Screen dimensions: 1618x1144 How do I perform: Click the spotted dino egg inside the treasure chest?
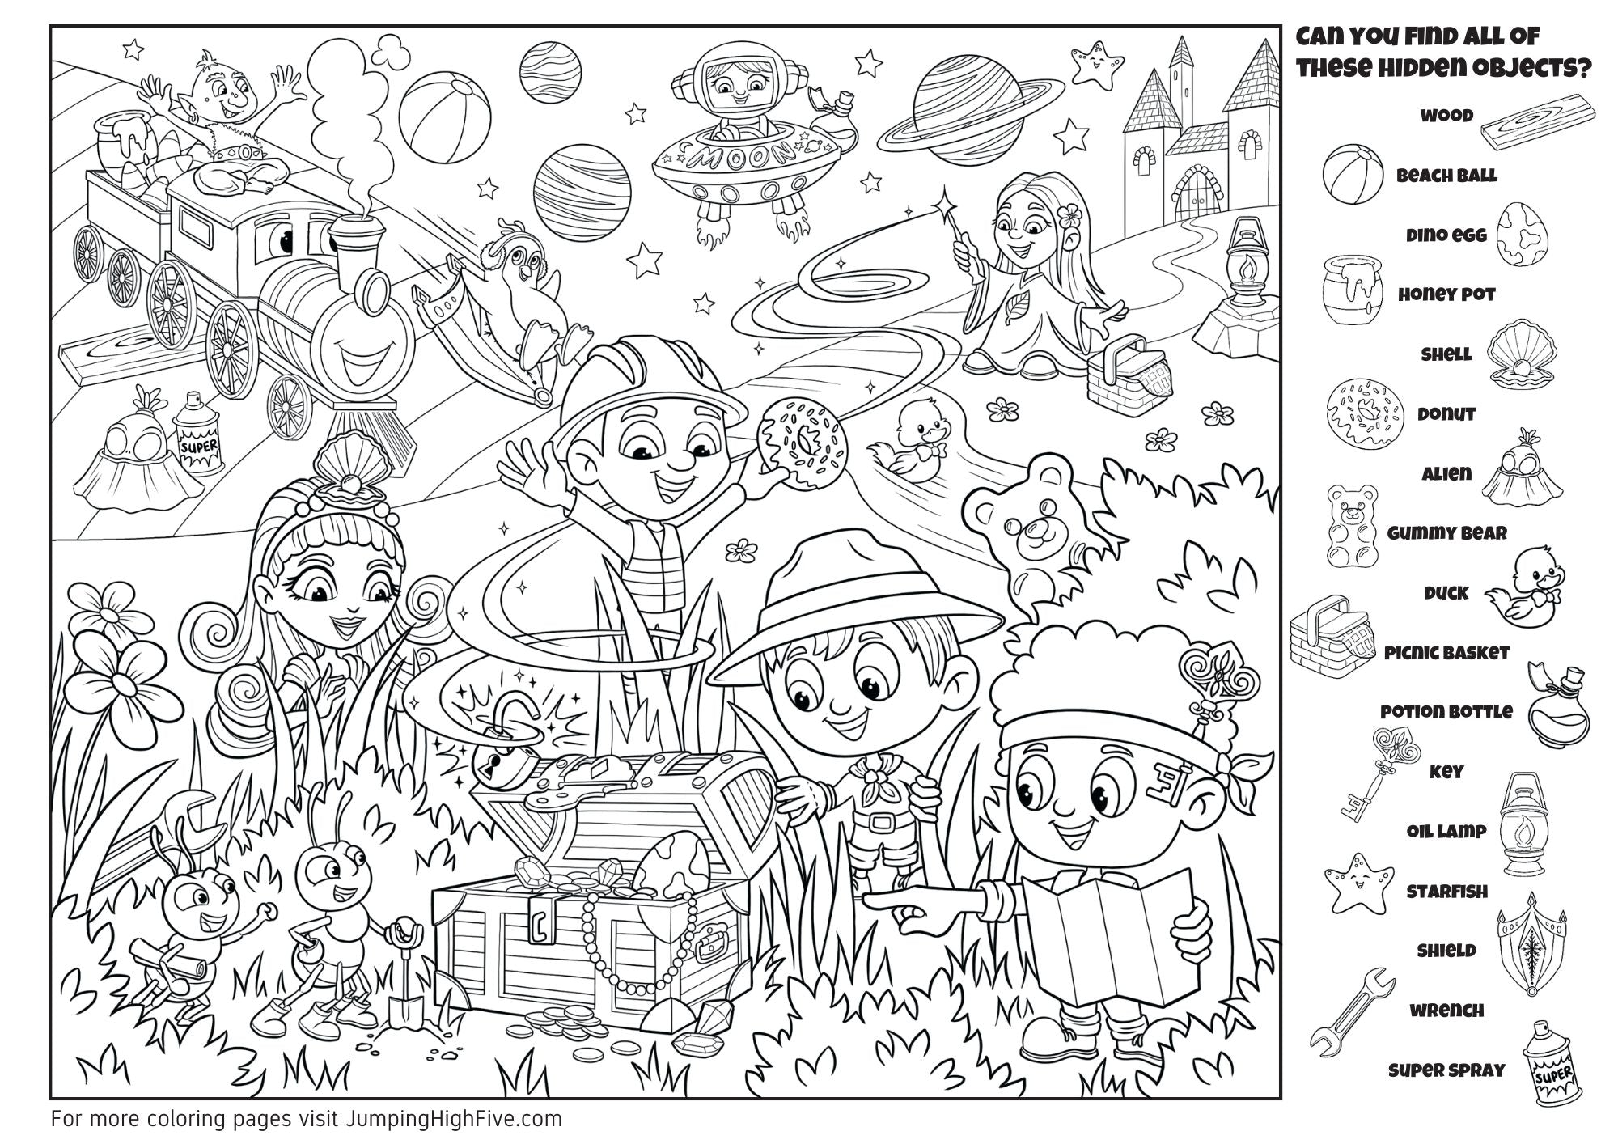pyautogui.click(x=671, y=862)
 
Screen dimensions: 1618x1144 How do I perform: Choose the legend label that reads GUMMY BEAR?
pyautogui.click(x=1447, y=533)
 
